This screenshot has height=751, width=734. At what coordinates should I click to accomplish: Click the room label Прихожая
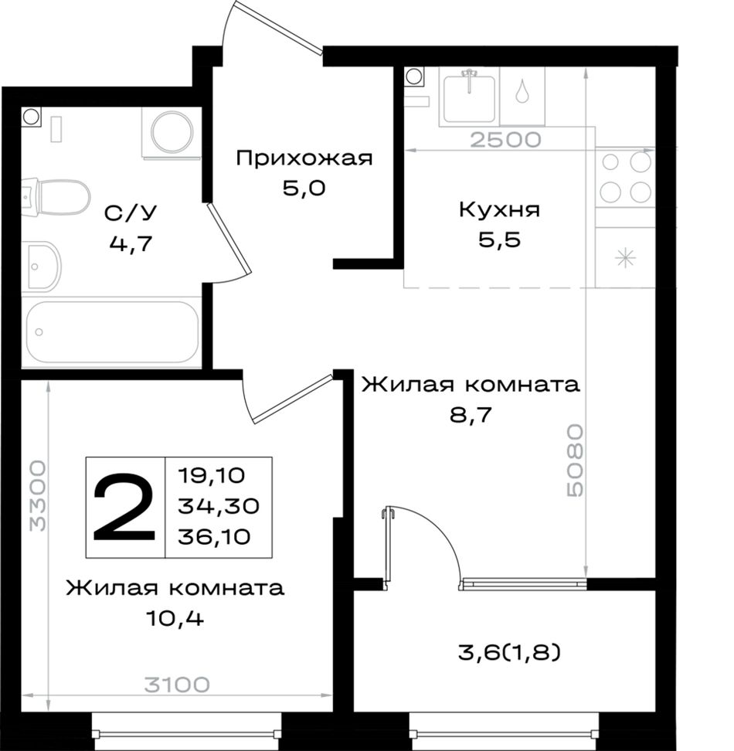(x=304, y=158)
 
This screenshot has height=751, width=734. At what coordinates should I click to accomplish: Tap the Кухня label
(x=499, y=210)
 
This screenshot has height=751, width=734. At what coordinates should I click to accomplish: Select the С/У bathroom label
(x=131, y=213)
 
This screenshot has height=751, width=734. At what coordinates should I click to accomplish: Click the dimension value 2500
(x=505, y=139)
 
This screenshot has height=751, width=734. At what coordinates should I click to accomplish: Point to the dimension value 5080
(x=575, y=460)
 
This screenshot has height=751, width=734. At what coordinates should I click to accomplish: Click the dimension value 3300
(x=37, y=496)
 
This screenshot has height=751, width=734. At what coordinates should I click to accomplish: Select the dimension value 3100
(x=177, y=685)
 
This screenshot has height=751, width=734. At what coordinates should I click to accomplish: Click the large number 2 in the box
(x=124, y=507)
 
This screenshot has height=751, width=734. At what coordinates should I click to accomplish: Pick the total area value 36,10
(x=214, y=537)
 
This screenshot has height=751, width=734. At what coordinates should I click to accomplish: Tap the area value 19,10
(x=211, y=476)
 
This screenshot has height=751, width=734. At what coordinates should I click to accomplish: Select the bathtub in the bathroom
(x=113, y=332)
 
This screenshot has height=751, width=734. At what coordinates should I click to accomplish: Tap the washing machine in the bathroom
(x=172, y=131)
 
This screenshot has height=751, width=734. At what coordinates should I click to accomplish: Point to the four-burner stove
(x=625, y=178)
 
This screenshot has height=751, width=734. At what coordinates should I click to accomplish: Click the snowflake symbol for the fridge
(x=625, y=259)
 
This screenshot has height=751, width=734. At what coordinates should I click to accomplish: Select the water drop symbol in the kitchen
(x=522, y=90)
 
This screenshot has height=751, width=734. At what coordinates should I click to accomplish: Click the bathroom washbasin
(x=42, y=267)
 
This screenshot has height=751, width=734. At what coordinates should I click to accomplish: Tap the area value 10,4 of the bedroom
(x=175, y=619)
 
